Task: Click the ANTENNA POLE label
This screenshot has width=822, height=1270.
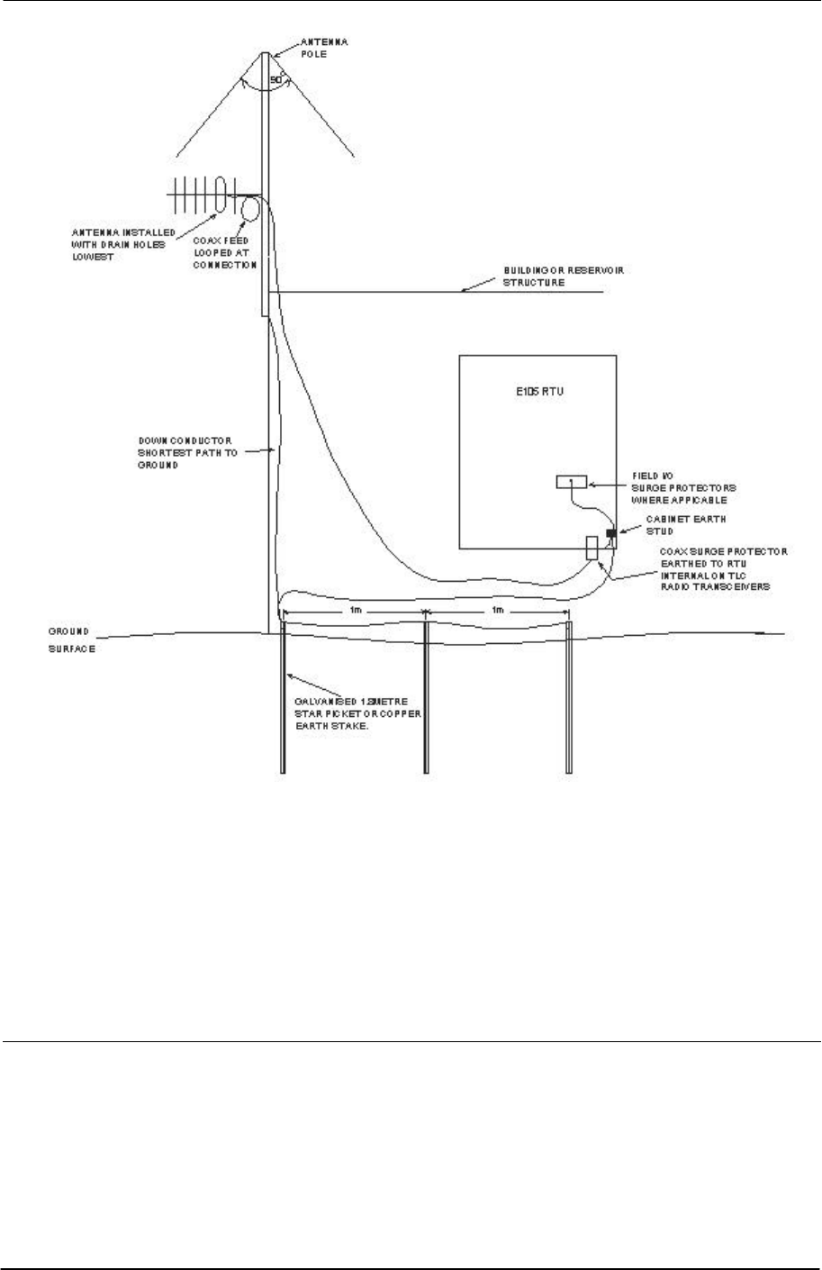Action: (x=312, y=48)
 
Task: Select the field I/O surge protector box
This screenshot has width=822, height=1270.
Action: (x=571, y=482)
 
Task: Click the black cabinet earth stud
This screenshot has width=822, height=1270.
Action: (x=611, y=533)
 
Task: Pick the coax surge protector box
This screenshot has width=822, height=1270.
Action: (x=592, y=548)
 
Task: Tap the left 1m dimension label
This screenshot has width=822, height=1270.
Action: (x=356, y=610)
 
